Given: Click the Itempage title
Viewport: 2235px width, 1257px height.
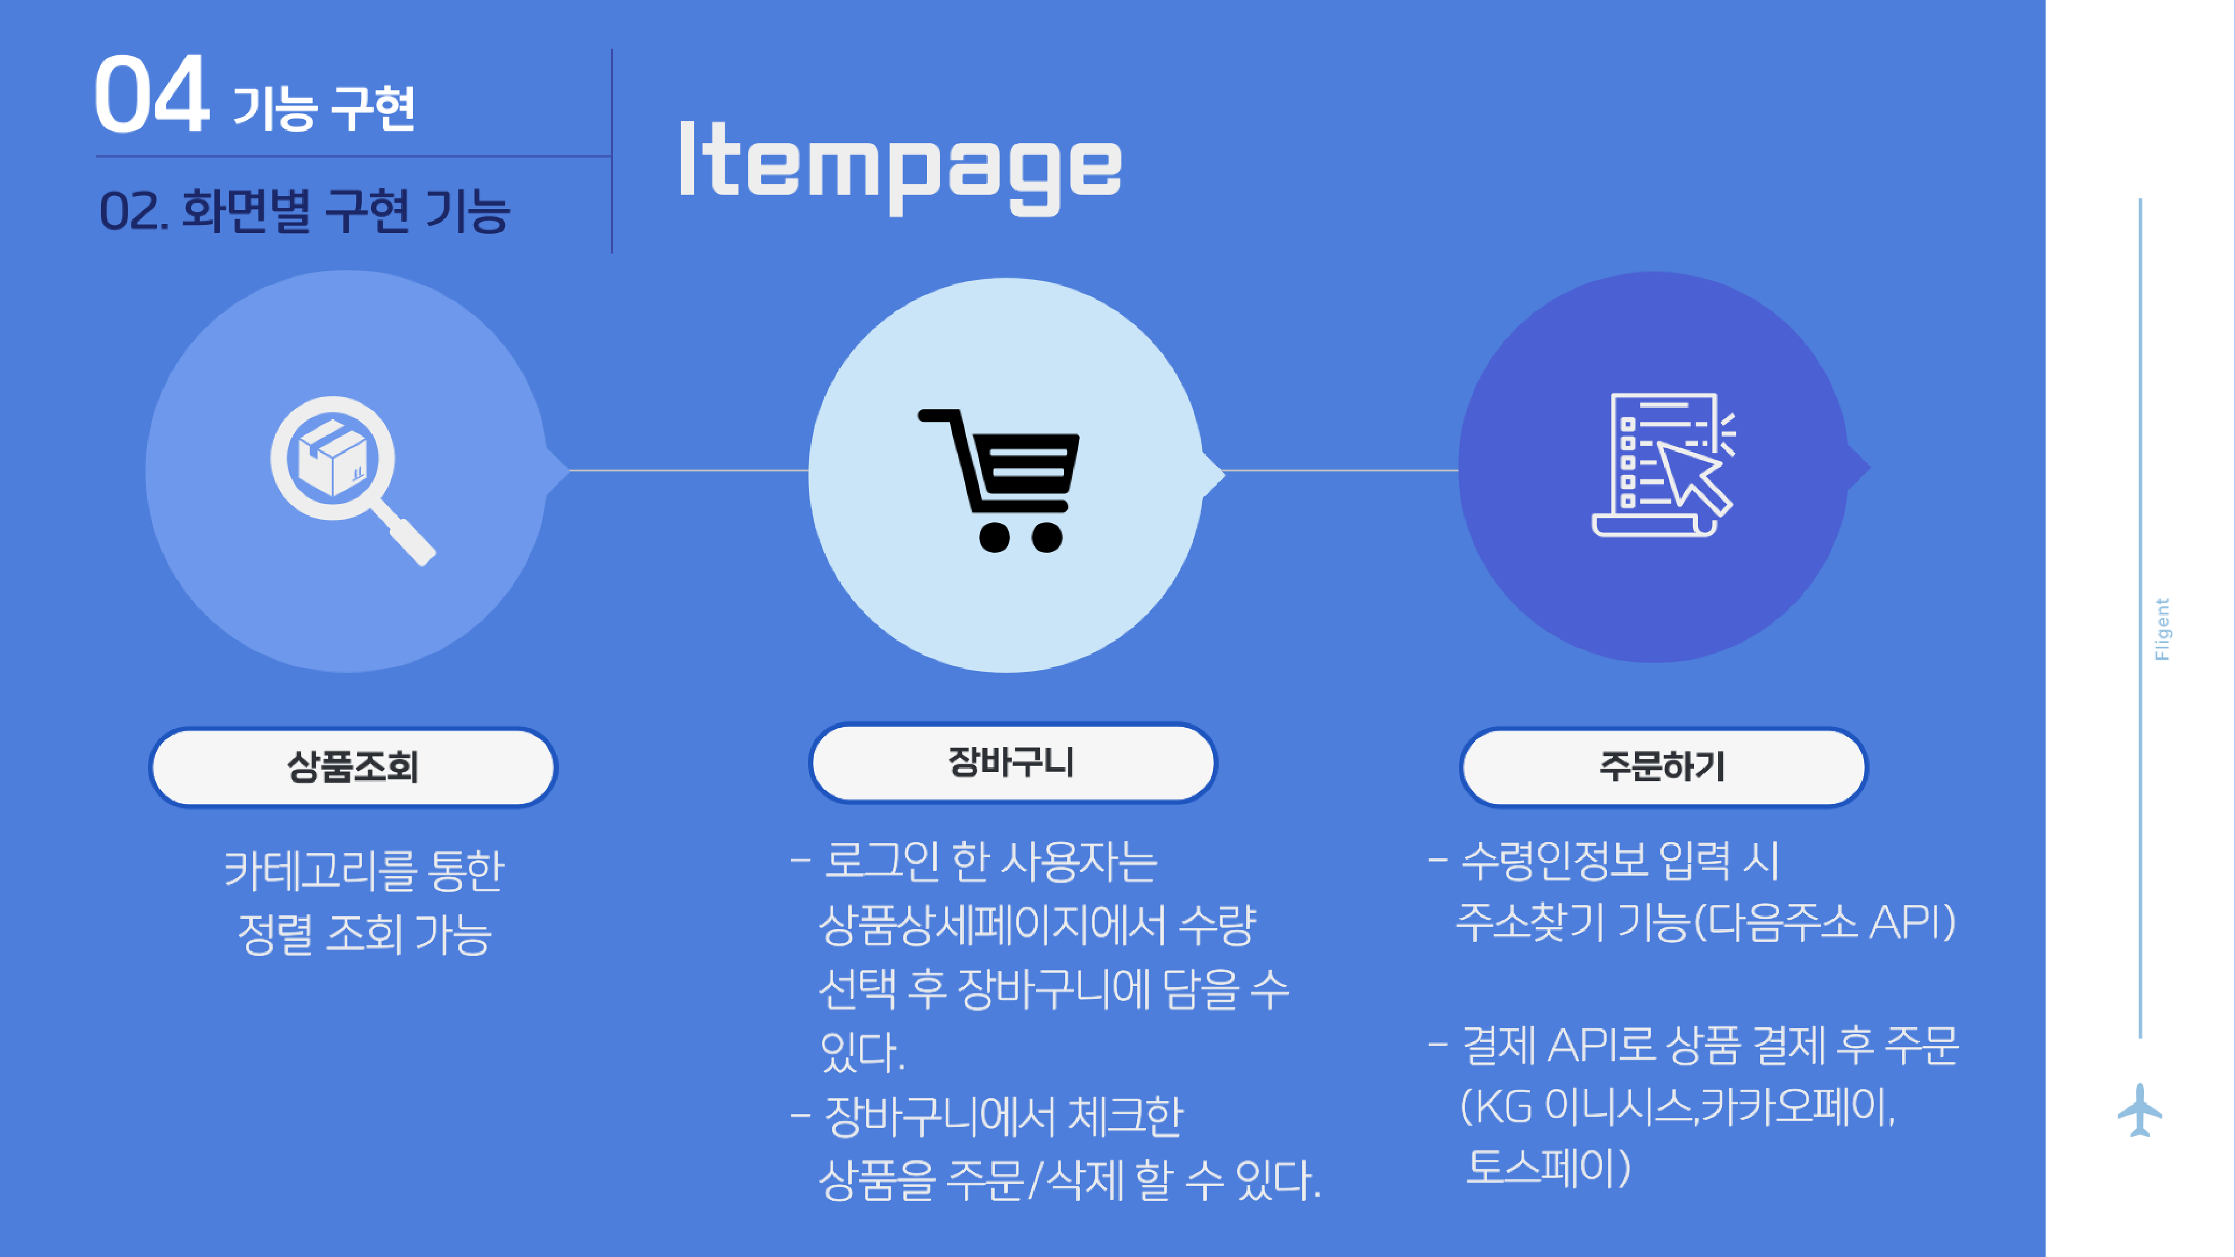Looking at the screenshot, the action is (x=901, y=166).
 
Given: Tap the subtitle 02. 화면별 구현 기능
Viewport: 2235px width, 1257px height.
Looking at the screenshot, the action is (x=305, y=211).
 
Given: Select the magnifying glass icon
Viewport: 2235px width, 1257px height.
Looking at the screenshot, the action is (x=352, y=480).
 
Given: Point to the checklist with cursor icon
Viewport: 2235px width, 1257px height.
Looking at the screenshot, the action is (x=1663, y=465).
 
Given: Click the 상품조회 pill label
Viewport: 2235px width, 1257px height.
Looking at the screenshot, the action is (x=353, y=767).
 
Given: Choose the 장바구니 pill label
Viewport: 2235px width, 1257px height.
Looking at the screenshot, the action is (x=1012, y=763).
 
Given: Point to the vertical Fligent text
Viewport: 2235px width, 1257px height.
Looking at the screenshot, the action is (x=2162, y=629).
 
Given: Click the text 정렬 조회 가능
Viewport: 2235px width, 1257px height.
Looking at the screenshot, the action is (x=364, y=934).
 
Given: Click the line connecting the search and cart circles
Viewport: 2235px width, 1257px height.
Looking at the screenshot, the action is (x=689, y=470).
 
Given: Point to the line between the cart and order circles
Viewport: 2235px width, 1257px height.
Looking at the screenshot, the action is (x=1342, y=470).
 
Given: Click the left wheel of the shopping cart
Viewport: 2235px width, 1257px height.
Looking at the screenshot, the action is (x=995, y=537).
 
